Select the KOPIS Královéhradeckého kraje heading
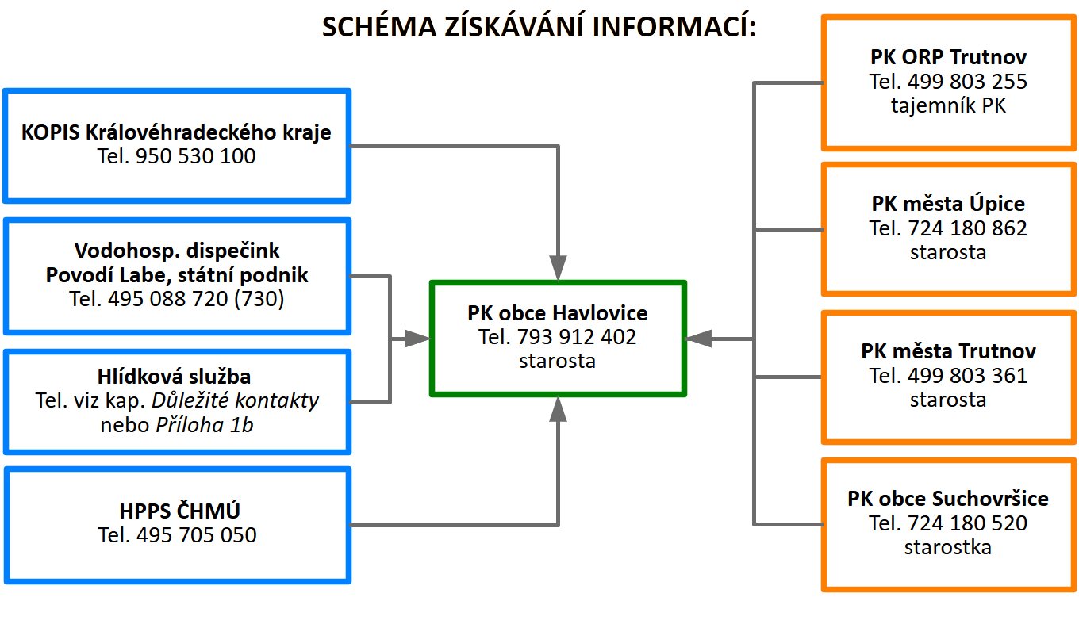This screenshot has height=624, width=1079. [176, 132]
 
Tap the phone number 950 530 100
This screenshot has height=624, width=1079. [196, 156]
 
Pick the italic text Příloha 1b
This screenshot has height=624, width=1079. [205, 425]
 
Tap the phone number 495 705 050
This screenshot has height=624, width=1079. [197, 535]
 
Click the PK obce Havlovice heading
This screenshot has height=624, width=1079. [558, 312]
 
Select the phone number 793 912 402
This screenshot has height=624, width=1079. [577, 337]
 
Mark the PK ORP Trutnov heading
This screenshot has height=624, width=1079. [949, 57]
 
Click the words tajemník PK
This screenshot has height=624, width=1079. [949, 105]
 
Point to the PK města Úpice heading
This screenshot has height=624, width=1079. [949, 204]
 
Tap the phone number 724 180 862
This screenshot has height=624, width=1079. [968, 228]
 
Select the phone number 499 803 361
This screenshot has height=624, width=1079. [968, 375]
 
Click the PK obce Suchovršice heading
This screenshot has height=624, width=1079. [949, 499]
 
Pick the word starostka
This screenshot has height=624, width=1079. [948, 547]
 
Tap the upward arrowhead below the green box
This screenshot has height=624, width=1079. [559, 409]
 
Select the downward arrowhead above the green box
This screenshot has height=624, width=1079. [559, 268]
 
